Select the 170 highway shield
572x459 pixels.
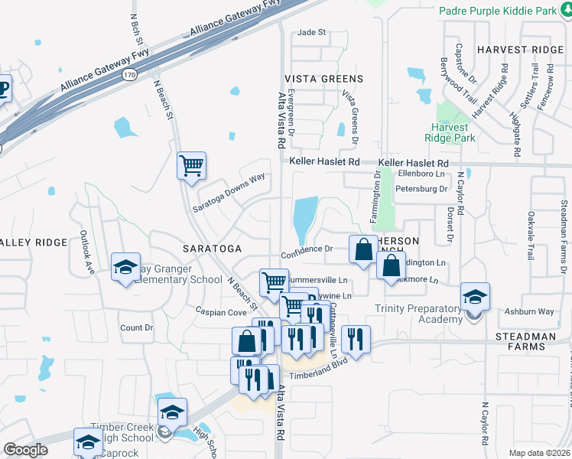(129, 75)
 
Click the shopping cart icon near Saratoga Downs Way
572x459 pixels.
(190, 165)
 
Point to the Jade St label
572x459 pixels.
(311, 32)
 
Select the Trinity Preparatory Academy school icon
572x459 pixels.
(474, 297)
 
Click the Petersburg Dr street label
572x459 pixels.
(421, 188)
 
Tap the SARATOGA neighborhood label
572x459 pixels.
(212, 249)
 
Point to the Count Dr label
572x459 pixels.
(137, 327)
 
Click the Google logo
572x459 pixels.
(25, 450)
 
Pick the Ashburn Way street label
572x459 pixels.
(529, 311)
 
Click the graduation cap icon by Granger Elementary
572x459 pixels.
(125, 267)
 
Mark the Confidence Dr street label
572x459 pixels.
(306, 249)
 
